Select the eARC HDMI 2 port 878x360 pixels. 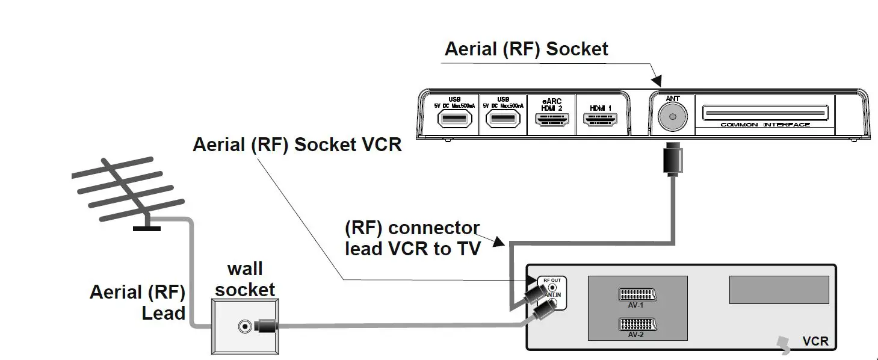551,120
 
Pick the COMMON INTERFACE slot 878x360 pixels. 765,114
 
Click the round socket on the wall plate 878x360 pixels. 244,327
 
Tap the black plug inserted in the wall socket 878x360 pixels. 265,327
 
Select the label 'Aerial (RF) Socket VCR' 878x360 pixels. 297,145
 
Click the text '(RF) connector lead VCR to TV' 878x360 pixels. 413,238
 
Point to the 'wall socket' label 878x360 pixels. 245,279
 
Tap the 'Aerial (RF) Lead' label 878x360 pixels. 138,303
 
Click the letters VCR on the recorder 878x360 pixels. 815,341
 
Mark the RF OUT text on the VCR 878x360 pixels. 551,280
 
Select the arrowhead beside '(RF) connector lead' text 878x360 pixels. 499,243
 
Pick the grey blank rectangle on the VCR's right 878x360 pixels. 779,290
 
